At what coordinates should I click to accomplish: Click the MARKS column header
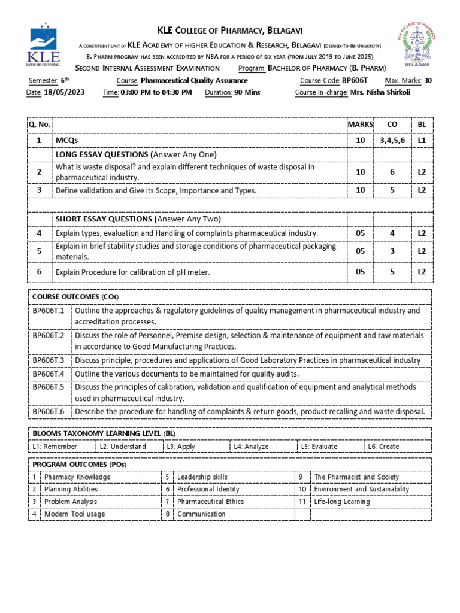360,124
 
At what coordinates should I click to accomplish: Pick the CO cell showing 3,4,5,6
392,139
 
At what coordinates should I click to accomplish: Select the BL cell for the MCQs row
422,139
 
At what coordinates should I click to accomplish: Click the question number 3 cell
40,190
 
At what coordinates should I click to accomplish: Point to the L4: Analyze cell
252,446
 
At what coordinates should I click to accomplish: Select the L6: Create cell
383,446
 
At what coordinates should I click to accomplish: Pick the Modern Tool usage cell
74,514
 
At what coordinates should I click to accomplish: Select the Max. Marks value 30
427,81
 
